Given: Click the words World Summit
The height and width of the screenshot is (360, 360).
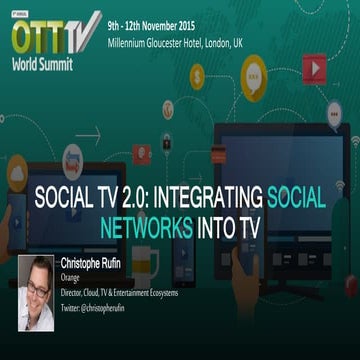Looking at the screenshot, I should point(43,57).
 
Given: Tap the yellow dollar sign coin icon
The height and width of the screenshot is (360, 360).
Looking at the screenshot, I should point(197,75).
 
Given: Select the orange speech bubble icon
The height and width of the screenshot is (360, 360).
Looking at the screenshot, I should point(255,76).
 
